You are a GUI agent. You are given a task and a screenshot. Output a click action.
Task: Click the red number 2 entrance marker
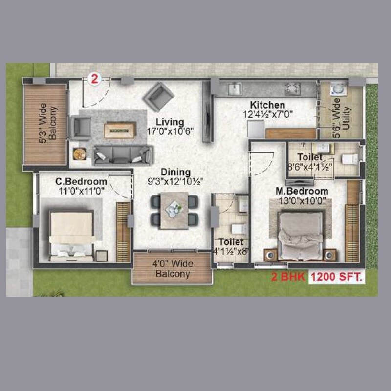click(94, 77)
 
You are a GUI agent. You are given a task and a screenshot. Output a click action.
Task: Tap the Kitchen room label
click(267, 105)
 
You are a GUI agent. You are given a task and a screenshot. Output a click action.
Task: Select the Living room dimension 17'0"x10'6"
click(170, 131)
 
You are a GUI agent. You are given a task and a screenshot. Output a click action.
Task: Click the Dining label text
click(176, 172)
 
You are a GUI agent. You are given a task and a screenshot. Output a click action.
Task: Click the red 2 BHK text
click(288, 277)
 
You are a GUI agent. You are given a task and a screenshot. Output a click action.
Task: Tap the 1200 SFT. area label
click(337, 277)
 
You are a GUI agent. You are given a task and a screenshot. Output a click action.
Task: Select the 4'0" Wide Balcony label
click(173, 269)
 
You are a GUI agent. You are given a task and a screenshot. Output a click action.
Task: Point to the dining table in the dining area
click(174, 210)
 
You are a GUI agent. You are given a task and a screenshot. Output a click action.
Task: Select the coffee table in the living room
click(119, 129)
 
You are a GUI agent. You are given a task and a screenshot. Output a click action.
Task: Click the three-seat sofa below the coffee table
click(122, 154)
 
